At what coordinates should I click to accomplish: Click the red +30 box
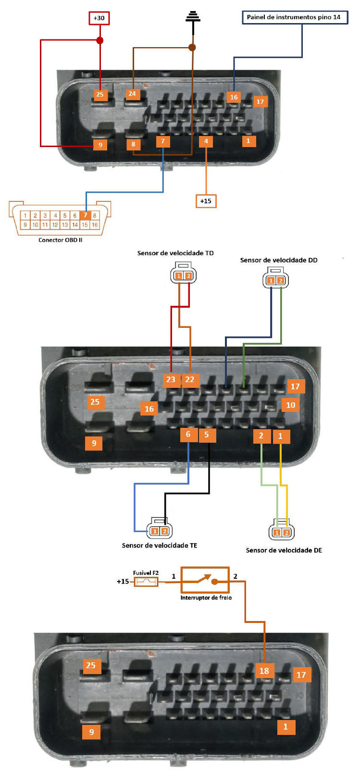(x=99, y=18)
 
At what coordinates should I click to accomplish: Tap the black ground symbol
(x=193, y=17)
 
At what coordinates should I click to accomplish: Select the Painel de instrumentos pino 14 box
(x=294, y=17)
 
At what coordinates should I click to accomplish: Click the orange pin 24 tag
(x=132, y=94)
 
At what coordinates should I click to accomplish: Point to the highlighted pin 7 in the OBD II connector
(x=85, y=215)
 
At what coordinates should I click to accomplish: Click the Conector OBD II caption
(x=60, y=240)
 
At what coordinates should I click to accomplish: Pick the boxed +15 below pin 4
(x=206, y=201)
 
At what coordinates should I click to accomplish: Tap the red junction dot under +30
(x=99, y=40)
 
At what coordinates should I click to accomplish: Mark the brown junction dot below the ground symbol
(x=192, y=47)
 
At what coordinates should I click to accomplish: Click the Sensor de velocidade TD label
(x=175, y=253)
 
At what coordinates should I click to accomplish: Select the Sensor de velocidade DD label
(x=279, y=260)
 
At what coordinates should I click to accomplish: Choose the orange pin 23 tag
(x=171, y=379)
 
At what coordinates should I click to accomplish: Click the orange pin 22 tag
(x=190, y=379)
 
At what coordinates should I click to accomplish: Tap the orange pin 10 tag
(x=290, y=405)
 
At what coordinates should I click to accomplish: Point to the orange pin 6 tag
(x=188, y=434)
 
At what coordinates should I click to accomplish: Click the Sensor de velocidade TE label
(x=160, y=545)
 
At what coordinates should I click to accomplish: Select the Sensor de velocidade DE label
(x=284, y=550)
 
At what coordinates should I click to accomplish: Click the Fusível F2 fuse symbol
(x=146, y=582)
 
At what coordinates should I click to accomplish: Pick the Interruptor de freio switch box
(x=205, y=580)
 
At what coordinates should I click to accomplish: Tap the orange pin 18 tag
(x=264, y=671)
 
